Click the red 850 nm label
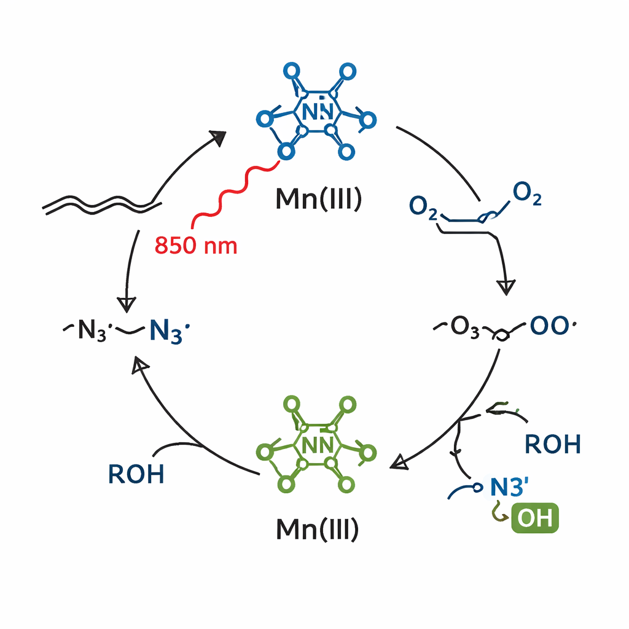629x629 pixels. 196,245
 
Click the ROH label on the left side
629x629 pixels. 136,474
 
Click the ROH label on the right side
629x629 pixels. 553,443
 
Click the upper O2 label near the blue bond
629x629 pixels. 526,193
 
